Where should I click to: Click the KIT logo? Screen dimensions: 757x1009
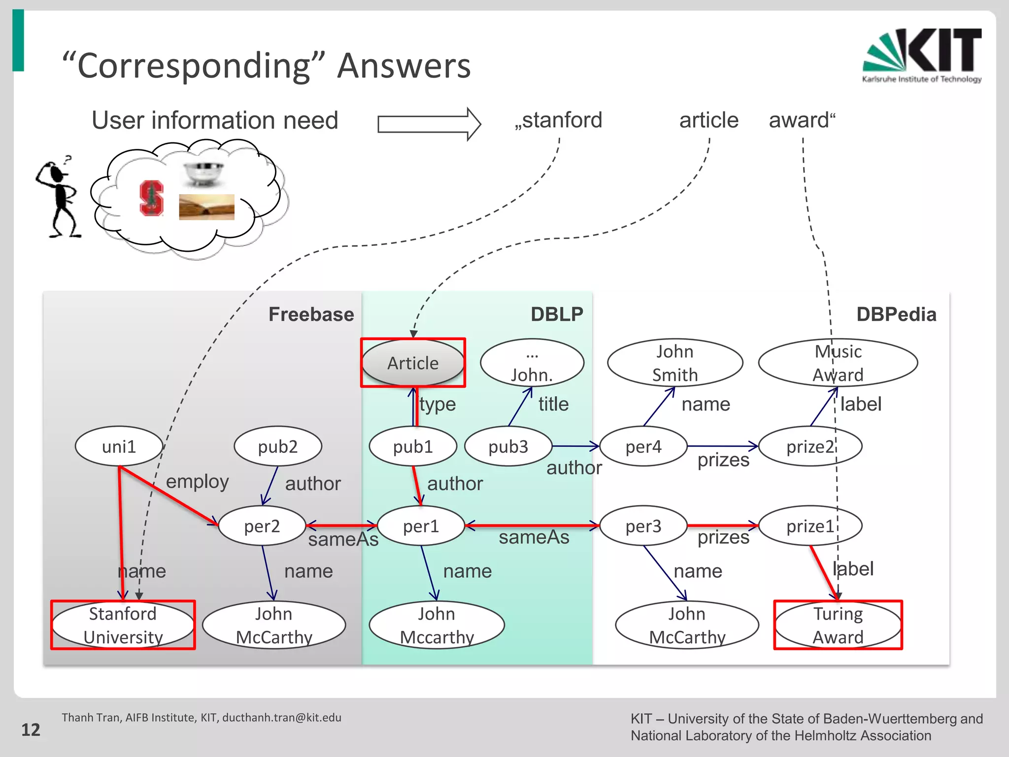point(921,55)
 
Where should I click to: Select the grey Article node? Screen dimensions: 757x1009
point(413,363)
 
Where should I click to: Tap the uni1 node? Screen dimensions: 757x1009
point(119,447)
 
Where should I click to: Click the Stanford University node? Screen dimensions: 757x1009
point(123,625)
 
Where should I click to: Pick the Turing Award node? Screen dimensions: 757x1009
point(838,625)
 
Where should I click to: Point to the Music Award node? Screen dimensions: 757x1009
point(838,363)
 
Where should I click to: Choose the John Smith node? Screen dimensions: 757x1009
point(675,363)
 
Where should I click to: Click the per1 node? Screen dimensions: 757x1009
point(421,526)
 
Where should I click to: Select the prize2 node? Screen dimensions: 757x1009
point(810,447)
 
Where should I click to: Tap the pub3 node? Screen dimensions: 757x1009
point(508,447)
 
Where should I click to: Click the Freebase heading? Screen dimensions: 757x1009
point(311,314)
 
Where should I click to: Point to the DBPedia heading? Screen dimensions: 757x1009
point(896,314)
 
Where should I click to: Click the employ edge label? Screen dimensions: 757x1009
point(197,482)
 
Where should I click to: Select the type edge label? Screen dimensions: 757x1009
point(437,404)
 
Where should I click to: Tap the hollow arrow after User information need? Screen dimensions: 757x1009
point(429,124)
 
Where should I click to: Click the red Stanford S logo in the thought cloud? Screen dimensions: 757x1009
point(151,198)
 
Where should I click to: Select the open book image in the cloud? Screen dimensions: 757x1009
point(206,207)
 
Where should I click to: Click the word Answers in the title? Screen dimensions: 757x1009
point(404,66)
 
